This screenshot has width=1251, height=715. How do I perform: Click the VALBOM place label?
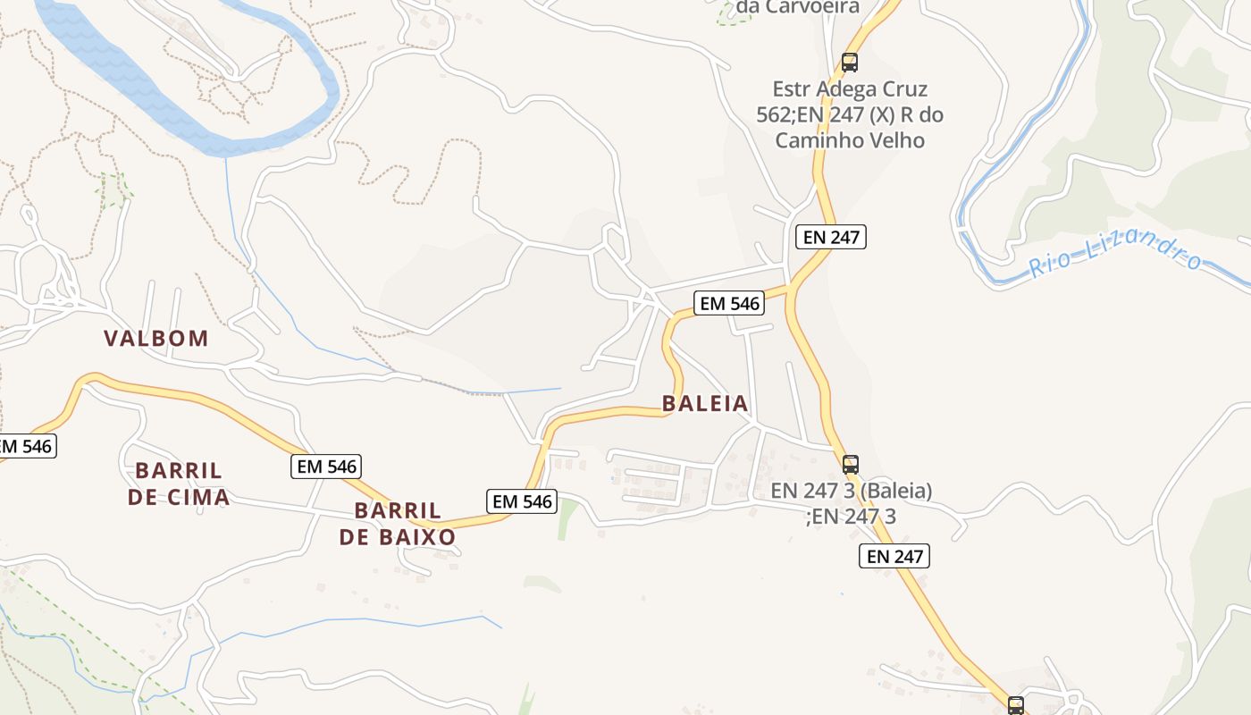156,339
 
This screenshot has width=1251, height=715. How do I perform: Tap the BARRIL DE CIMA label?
179,484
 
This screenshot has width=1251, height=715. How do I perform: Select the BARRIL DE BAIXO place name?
398,524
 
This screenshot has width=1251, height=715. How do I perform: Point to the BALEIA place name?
705,404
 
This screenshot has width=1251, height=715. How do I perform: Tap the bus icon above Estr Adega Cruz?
849,63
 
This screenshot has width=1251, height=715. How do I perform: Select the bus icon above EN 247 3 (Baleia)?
851,465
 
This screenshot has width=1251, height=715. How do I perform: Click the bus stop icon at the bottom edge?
1016,705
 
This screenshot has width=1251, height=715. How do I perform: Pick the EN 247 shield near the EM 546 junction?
831,237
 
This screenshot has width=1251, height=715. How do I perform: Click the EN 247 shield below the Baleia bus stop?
894,556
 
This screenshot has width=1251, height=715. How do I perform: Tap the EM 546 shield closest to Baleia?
730,304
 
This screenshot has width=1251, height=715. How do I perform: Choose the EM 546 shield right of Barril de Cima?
327,466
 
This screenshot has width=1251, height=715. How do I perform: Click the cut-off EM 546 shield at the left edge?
27,446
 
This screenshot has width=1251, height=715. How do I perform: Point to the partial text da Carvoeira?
797,8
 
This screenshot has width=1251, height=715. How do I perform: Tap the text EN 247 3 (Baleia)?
851,491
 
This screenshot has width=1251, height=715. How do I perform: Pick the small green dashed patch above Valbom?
113,189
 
